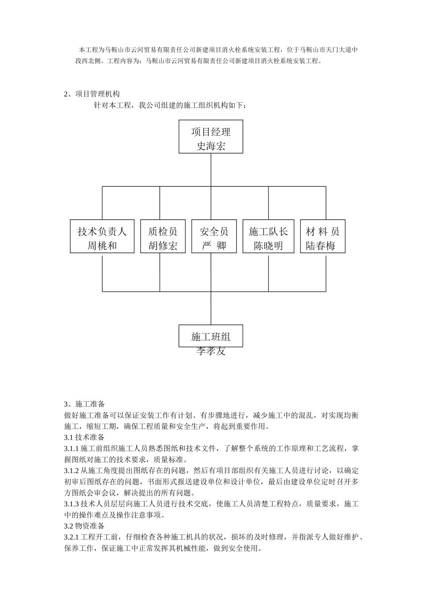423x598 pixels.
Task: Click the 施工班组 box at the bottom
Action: point(211,336)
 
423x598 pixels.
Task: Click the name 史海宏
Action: point(211,146)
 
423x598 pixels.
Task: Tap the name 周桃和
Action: point(102,246)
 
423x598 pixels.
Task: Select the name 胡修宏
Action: point(163,246)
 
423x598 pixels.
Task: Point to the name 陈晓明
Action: point(268,246)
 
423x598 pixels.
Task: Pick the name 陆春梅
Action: point(321,246)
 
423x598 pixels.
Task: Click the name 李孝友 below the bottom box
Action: point(211,351)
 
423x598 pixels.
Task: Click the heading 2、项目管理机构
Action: point(92,94)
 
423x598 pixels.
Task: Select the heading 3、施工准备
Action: point(85,404)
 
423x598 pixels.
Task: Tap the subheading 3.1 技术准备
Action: point(85,437)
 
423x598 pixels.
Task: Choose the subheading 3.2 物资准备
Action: point(85,526)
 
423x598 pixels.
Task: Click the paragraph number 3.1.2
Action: point(71,470)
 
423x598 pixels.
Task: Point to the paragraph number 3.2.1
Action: point(71,537)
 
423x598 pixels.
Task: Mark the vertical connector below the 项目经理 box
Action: point(211,170)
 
